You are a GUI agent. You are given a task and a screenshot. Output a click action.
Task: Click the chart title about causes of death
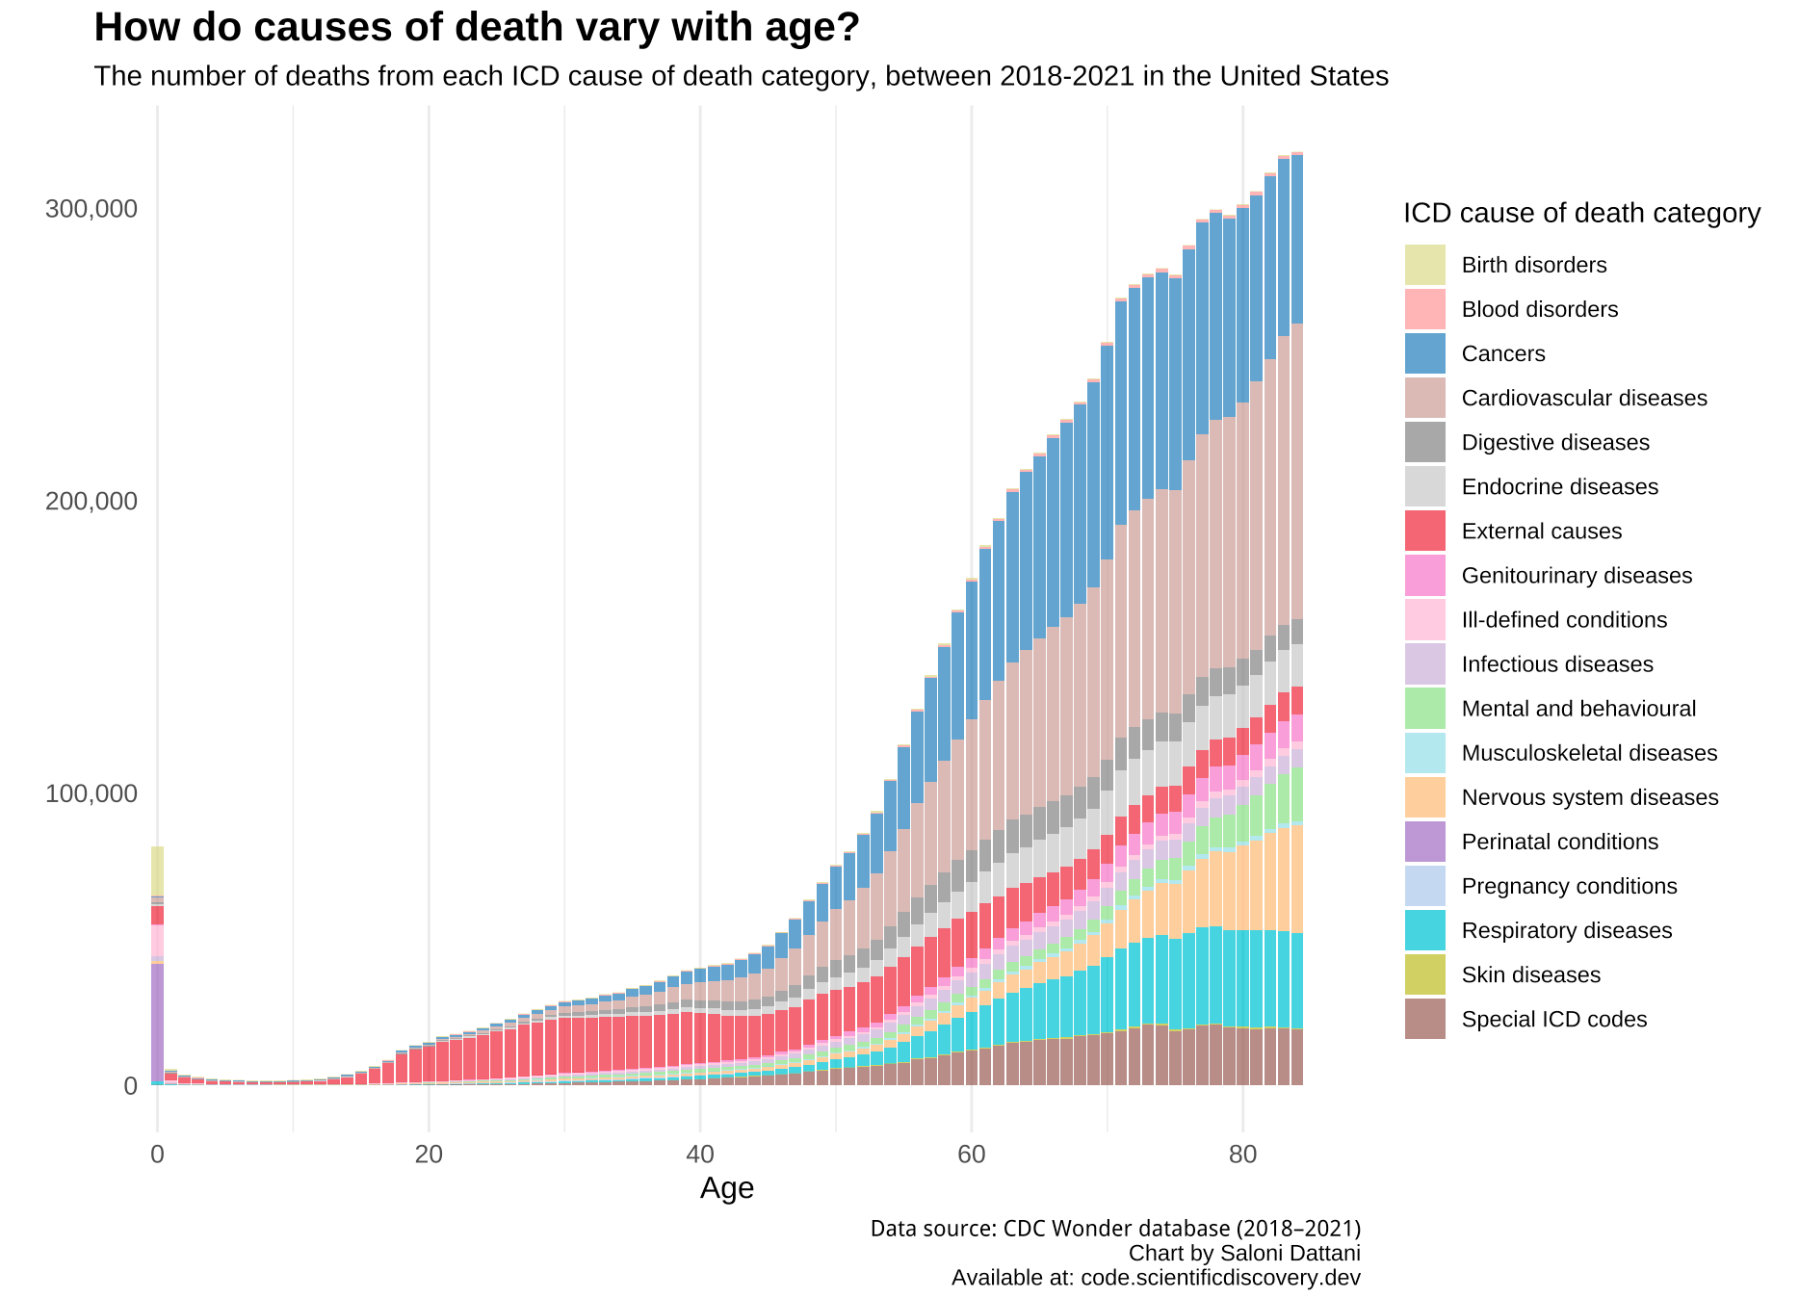476,28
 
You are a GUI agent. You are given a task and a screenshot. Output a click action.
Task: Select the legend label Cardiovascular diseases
1583,398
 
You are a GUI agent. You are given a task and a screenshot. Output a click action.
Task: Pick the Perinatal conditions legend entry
1559,842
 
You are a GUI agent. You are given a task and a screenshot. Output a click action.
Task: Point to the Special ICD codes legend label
1553,1019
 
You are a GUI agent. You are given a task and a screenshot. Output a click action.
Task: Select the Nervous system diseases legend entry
1589,797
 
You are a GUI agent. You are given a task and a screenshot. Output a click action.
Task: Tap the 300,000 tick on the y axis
91,209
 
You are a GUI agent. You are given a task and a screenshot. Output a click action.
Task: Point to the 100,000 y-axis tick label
91,793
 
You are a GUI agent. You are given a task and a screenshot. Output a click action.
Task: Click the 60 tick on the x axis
971,1154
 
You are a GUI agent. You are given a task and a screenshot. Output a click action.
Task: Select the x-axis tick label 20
429,1154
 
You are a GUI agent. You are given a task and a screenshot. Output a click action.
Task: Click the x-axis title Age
726,1188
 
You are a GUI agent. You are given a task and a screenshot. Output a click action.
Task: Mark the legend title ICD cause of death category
1581,213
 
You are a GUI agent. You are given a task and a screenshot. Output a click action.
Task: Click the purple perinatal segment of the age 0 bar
157,1021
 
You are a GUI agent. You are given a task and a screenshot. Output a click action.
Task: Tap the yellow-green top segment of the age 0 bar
157,870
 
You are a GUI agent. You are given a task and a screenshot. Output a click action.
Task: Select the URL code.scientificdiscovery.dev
1220,1278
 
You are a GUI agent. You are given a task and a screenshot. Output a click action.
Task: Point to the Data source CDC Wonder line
1115,1229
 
